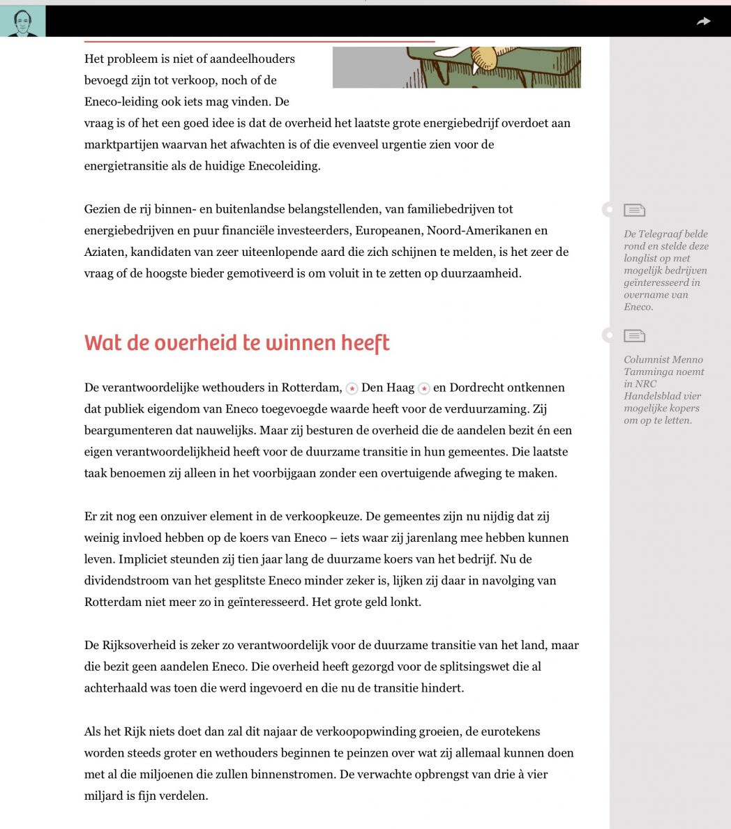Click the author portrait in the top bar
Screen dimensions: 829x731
pos(22,22)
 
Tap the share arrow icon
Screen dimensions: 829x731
pos(704,22)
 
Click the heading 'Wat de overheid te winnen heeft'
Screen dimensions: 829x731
pos(236,343)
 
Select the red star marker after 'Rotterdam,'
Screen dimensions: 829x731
pos(352,388)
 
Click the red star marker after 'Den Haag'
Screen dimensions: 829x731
pos(423,388)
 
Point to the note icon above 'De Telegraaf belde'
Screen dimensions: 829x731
pos(634,210)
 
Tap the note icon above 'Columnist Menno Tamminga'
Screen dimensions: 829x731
pos(634,336)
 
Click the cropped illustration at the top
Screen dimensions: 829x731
pos(456,67)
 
